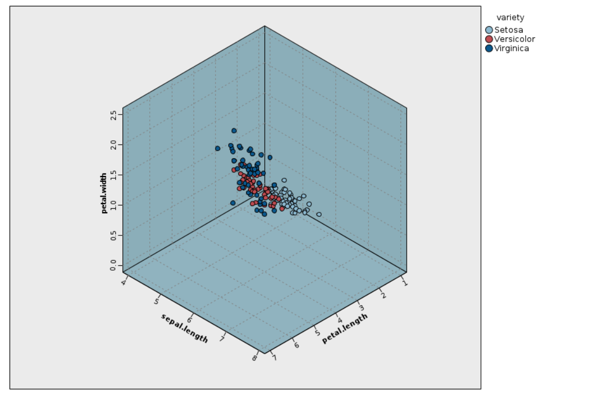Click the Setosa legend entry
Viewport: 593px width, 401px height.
pyautogui.click(x=508, y=30)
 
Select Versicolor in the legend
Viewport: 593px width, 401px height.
pyautogui.click(x=514, y=39)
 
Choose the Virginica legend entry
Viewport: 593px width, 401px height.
pyautogui.click(x=511, y=48)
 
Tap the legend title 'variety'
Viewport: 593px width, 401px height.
pyautogui.click(x=510, y=17)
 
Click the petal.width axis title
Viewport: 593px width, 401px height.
pyautogui.click(x=104, y=193)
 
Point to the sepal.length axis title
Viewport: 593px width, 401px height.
pyautogui.click(x=185, y=328)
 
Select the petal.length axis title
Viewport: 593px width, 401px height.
pyautogui.click(x=344, y=328)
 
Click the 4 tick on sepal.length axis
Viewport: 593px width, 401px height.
pyautogui.click(x=124, y=282)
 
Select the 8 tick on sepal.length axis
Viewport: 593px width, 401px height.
pyautogui.click(x=255, y=358)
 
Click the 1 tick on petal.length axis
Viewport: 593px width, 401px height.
pyautogui.click(x=405, y=283)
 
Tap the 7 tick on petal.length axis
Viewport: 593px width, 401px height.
pyautogui.click(x=273, y=358)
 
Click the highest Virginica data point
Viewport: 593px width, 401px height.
pyautogui.click(x=234, y=131)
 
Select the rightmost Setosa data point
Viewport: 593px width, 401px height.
pyautogui.click(x=319, y=214)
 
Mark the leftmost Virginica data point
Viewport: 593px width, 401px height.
pyautogui.click(x=218, y=148)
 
